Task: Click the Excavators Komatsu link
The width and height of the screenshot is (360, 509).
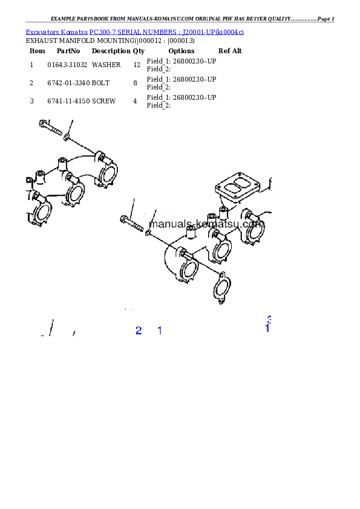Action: pos(56,32)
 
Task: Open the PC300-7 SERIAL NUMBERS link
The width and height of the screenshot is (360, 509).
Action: pos(166,32)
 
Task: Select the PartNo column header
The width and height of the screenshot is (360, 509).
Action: pos(68,51)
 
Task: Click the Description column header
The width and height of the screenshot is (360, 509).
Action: pos(111,51)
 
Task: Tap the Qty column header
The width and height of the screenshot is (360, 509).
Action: pos(139,51)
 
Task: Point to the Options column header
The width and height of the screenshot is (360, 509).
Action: pos(182,51)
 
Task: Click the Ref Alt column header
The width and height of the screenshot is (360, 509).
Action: pos(230,51)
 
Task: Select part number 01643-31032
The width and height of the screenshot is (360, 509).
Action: pos(67,65)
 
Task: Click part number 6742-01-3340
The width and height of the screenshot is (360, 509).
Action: pos(68,83)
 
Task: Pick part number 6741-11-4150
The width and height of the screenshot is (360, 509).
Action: pos(68,102)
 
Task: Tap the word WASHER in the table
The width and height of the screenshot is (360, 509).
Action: pos(106,65)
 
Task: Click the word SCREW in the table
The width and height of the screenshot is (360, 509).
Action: pos(103,102)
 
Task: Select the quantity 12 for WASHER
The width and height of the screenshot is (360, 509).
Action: pos(137,65)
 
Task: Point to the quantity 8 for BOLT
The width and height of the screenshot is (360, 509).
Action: pos(135,83)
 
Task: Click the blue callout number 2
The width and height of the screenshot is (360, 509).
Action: pos(139,331)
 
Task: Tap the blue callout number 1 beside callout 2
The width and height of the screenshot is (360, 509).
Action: pos(160,331)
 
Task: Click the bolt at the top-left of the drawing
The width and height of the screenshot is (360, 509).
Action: pos(50,128)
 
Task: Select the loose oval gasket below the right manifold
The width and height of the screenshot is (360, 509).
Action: pos(222,288)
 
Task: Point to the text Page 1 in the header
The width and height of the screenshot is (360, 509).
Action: pos(326,19)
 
